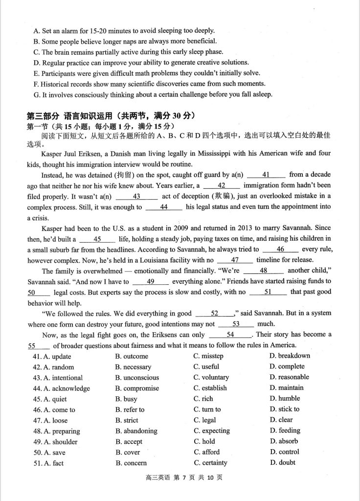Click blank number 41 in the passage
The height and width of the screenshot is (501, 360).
point(266,175)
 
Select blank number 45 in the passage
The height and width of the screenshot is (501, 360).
point(97,239)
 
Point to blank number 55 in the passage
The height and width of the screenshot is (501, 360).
point(33,345)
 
